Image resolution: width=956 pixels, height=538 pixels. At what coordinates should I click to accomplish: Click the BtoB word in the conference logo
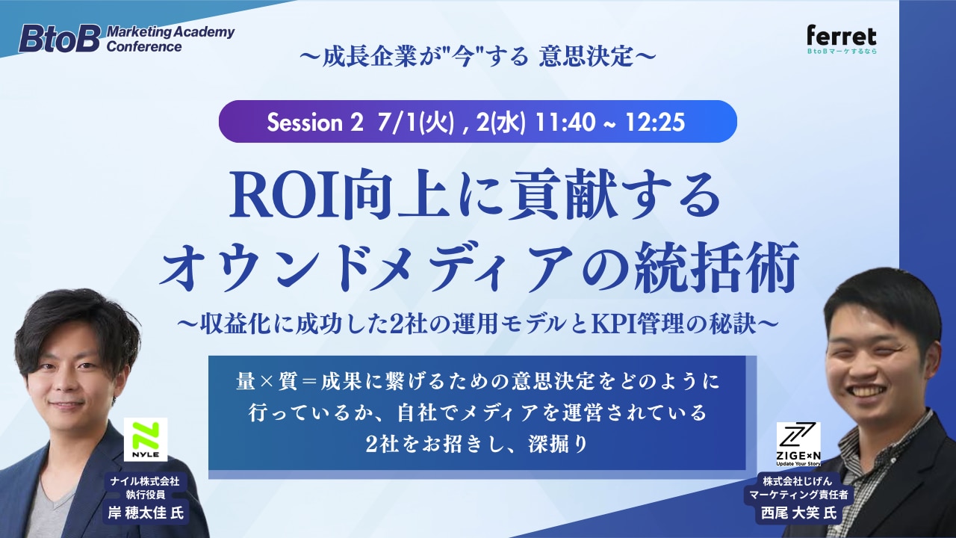[x=59, y=39]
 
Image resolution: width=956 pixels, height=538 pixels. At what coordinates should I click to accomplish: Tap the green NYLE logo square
[x=146, y=439]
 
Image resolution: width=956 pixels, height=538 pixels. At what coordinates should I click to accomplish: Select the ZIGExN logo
[x=798, y=444]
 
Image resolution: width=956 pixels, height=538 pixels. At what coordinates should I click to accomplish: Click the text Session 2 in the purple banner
[x=315, y=123]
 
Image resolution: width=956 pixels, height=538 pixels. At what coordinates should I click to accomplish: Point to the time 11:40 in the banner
[x=564, y=123]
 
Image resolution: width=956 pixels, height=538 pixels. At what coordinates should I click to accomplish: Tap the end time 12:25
[x=655, y=123]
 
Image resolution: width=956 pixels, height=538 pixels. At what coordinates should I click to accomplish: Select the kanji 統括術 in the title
[x=716, y=268]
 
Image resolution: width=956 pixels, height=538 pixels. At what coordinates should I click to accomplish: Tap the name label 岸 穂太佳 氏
[x=146, y=513]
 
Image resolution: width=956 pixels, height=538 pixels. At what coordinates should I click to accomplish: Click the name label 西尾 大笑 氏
[x=799, y=513]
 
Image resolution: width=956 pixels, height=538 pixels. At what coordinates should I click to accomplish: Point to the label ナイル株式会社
[x=146, y=481]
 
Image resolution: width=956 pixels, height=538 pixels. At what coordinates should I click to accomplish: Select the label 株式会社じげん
[x=798, y=481]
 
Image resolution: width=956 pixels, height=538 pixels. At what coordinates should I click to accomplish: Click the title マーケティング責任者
[x=798, y=495]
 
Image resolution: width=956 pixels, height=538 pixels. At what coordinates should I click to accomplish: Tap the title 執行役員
[x=146, y=495]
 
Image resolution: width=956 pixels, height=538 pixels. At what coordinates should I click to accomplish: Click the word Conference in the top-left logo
[x=144, y=46]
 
